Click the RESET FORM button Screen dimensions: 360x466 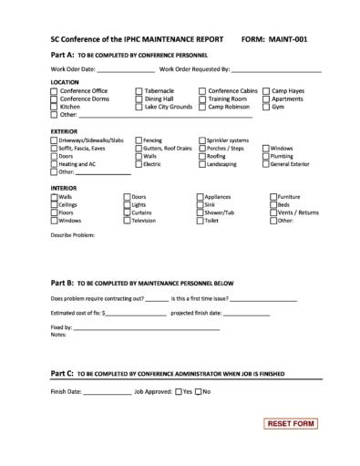click(292, 424)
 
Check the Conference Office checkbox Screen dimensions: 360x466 click(55, 91)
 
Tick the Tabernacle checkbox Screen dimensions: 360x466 click(139, 91)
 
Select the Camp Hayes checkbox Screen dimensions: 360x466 click(266, 91)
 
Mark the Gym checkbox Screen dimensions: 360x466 click(266, 107)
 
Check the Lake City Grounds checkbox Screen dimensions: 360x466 click(139, 107)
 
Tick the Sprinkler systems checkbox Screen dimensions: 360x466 click(201, 140)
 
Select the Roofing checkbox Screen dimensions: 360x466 click(201, 156)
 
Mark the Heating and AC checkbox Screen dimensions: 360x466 click(55, 164)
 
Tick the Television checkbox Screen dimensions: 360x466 click(128, 221)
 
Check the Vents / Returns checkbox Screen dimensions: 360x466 click(273, 212)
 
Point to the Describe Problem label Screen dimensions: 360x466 click(72, 234)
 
